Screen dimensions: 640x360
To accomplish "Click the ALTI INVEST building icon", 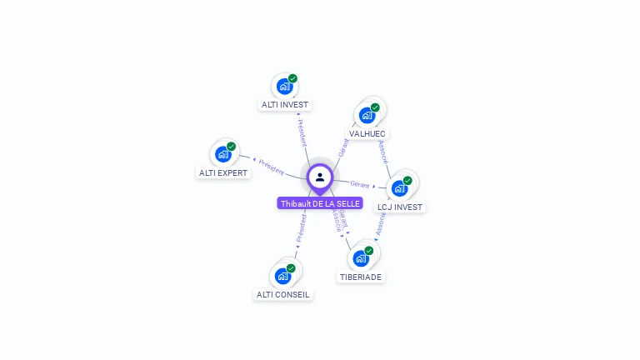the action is click(x=285, y=86).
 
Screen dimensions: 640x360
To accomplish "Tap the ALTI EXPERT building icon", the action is click(x=223, y=153).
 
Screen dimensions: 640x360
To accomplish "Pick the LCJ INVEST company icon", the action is click(x=400, y=187).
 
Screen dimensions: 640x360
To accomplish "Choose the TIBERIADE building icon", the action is click(x=361, y=257).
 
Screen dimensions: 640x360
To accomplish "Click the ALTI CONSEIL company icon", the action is click(x=283, y=275).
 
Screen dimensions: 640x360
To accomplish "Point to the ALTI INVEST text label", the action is click(x=285, y=105).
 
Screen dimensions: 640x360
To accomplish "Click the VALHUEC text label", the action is click(x=367, y=133).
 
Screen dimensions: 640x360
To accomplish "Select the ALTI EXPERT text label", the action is click(x=223, y=172).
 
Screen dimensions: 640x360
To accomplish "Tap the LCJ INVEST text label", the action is click(x=400, y=207).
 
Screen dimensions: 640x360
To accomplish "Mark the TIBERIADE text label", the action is click(x=361, y=277).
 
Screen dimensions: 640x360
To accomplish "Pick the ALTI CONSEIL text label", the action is click(x=282, y=294).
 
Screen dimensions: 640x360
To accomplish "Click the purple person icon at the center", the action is click(x=320, y=177).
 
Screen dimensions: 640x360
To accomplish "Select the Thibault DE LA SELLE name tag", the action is click(x=320, y=203).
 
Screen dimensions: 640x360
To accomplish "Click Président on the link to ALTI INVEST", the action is click(x=302, y=133).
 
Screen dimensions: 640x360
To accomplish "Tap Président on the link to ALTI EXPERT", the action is click(x=272, y=166).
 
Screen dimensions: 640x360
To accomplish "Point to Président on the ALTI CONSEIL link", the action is click(x=301, y=227).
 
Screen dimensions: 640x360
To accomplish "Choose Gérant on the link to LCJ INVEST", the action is click(x=360, y=184).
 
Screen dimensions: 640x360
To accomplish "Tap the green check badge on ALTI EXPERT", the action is click(x=232, y=146).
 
